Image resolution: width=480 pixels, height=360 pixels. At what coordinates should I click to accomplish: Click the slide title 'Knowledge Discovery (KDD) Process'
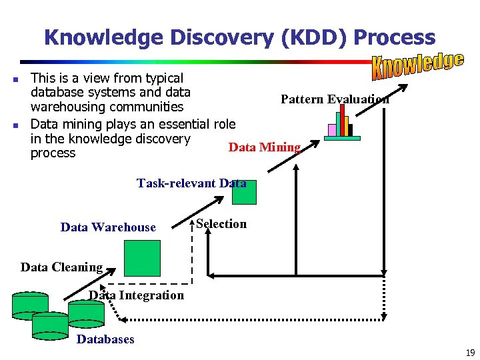click(239, 37)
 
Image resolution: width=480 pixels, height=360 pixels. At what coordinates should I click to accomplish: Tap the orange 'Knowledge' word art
click(417, 65)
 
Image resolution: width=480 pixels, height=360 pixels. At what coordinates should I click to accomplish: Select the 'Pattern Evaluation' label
click(335, 99)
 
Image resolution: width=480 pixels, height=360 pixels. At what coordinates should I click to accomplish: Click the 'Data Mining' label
click(265, 147)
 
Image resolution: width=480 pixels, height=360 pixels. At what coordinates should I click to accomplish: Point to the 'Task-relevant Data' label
click(191, 183)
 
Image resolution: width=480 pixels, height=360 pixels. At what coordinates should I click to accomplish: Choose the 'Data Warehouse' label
click(108, 227)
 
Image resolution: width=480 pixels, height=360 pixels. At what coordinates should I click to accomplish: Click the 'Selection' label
click(221, 224)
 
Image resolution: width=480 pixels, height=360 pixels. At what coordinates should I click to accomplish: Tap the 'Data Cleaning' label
click(61, 267)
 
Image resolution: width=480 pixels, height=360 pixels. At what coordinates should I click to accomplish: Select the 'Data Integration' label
click(137, 295)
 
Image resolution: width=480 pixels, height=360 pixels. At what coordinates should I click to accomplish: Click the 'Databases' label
click(105, 339)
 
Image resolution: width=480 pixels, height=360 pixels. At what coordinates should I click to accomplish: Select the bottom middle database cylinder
click(50, 324)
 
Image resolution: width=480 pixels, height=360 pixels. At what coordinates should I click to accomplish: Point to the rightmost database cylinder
click(86, 311)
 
